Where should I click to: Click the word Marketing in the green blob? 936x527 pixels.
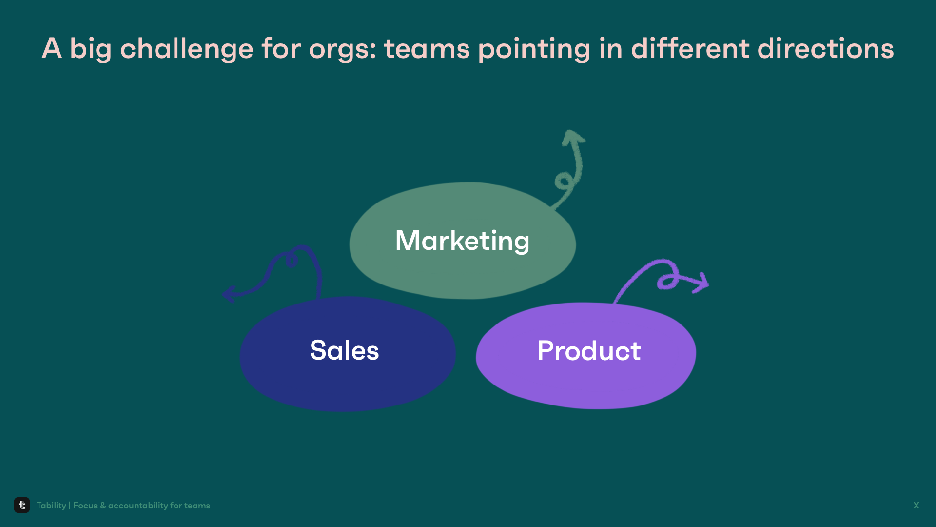462,241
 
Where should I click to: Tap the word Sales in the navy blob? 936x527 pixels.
344,350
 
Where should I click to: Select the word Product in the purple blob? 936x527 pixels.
589,351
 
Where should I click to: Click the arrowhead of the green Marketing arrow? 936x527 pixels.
572,137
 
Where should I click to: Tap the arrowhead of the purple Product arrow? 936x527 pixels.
702,283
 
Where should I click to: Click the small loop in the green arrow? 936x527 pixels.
563,182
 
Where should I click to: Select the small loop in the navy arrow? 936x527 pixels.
292,261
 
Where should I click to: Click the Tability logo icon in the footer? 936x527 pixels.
22,505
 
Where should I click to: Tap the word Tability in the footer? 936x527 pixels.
51,506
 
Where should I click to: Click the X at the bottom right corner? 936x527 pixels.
916,506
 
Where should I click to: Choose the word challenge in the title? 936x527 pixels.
187,49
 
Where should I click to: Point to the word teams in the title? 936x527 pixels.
427,49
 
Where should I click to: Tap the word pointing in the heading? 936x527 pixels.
534,49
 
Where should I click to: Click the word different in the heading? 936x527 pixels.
690,49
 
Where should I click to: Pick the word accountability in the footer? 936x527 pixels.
138,506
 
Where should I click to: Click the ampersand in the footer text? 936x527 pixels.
103,506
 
